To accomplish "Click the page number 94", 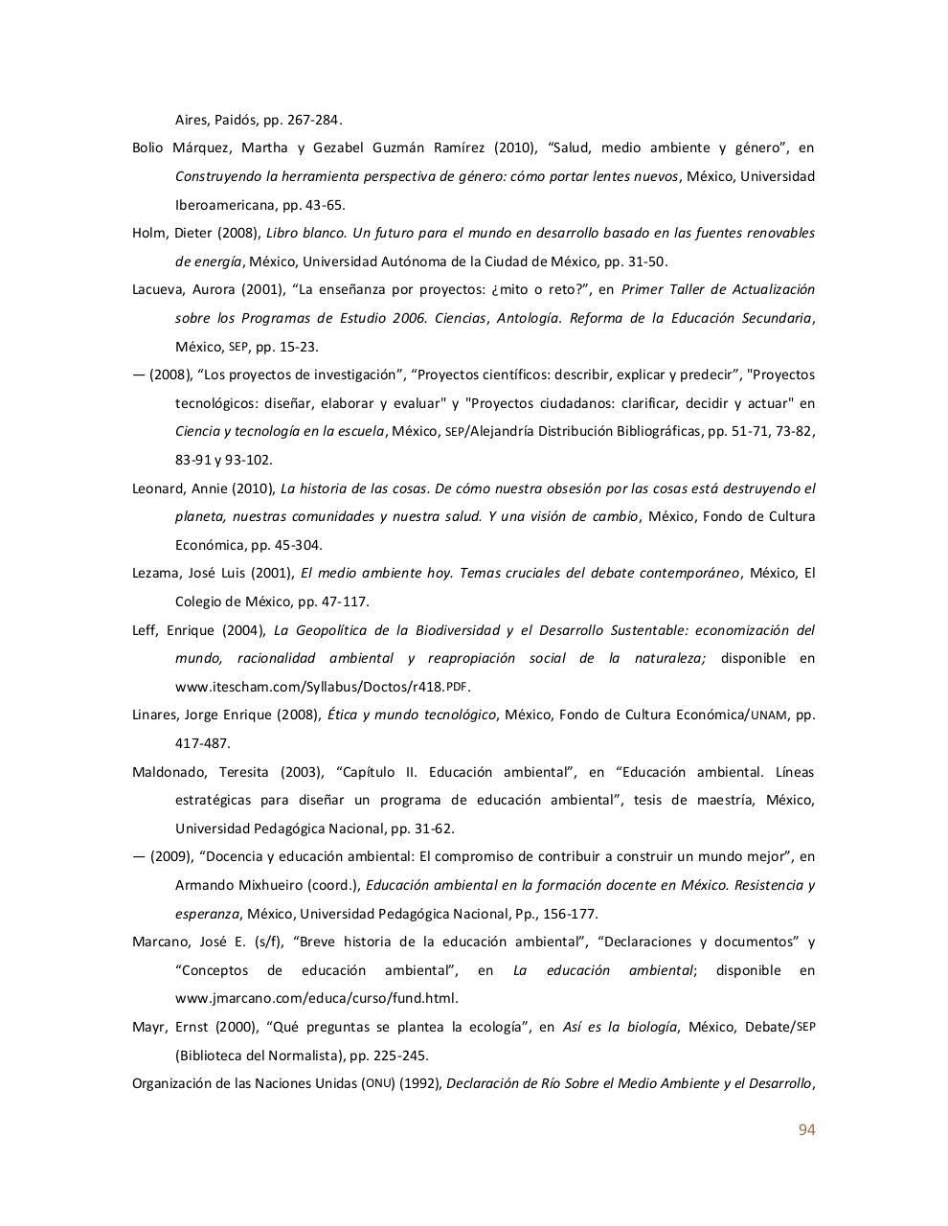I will point(806,1130).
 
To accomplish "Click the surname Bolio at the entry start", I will point(147,148).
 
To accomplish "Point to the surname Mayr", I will point(147,1028).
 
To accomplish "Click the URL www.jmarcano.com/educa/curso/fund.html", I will point(316,998).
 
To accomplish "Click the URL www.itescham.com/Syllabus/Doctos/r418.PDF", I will point(322,687).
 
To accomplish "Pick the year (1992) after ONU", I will point(419,1084).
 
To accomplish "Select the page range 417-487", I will point(202,743).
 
